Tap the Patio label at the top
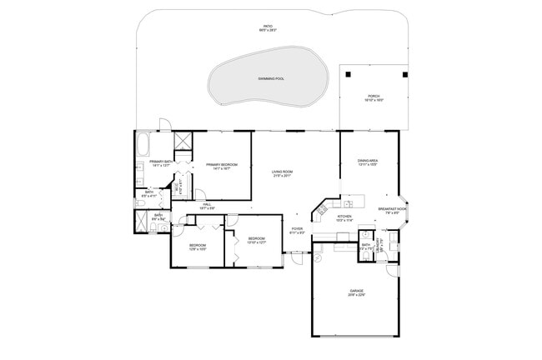pos(268,27)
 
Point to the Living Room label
pos(282,173)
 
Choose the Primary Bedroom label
pos(222,166)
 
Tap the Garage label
pos(356,292)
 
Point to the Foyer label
pos(296,230)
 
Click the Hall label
pos(207,205)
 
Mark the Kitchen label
pos(344,217)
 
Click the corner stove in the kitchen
pos(320,206)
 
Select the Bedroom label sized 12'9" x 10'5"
pos(198,246)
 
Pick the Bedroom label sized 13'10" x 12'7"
pos(257,241)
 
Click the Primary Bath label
pos(161,162)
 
